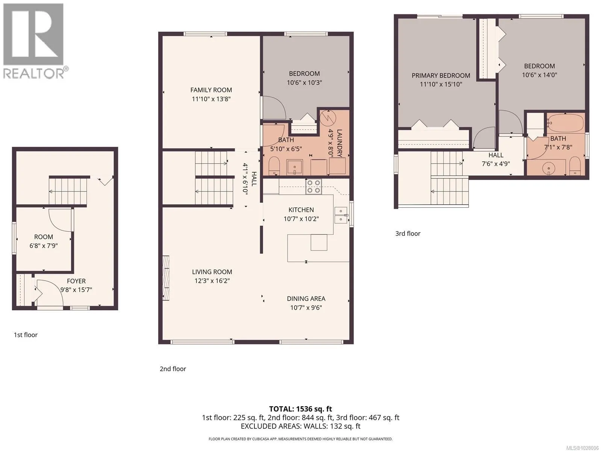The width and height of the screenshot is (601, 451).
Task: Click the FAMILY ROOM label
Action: [x=211, y=90]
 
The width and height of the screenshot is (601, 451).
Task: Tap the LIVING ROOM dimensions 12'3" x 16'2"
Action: [x=212, y=281]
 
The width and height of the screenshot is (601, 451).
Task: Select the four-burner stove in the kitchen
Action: [x=313, y=187]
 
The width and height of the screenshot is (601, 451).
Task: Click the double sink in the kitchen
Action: [x=341, y=215]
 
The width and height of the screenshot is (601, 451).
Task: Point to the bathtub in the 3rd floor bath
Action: [x=566, y=123]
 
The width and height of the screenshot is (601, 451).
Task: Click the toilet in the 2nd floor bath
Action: [x=274, y=166]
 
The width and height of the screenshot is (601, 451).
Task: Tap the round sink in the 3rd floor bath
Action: [x=549, y=167]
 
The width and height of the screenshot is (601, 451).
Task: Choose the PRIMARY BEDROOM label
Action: [x=441, y=75]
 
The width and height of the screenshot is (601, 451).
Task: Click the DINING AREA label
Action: [x=306, y=299]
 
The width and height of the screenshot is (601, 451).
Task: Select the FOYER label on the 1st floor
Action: [x=76, y=281]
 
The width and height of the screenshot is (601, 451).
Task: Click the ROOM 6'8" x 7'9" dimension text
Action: [x=44, y=246]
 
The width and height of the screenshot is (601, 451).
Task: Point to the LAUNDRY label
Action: [x=339, y=143]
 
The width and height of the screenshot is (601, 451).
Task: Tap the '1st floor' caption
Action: [x=26, y=335]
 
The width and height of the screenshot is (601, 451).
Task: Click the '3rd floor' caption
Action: [x=408, y=234]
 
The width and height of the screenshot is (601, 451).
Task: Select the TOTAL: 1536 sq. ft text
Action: [x=300, y=409]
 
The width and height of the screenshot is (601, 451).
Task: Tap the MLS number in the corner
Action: [x=582, y=448]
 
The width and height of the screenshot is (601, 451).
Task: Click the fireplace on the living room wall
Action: [x=166, y=278]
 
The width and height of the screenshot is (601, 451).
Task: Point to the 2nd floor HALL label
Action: [x=254, y=179]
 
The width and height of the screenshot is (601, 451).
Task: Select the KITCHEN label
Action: [x=301, y=210]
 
